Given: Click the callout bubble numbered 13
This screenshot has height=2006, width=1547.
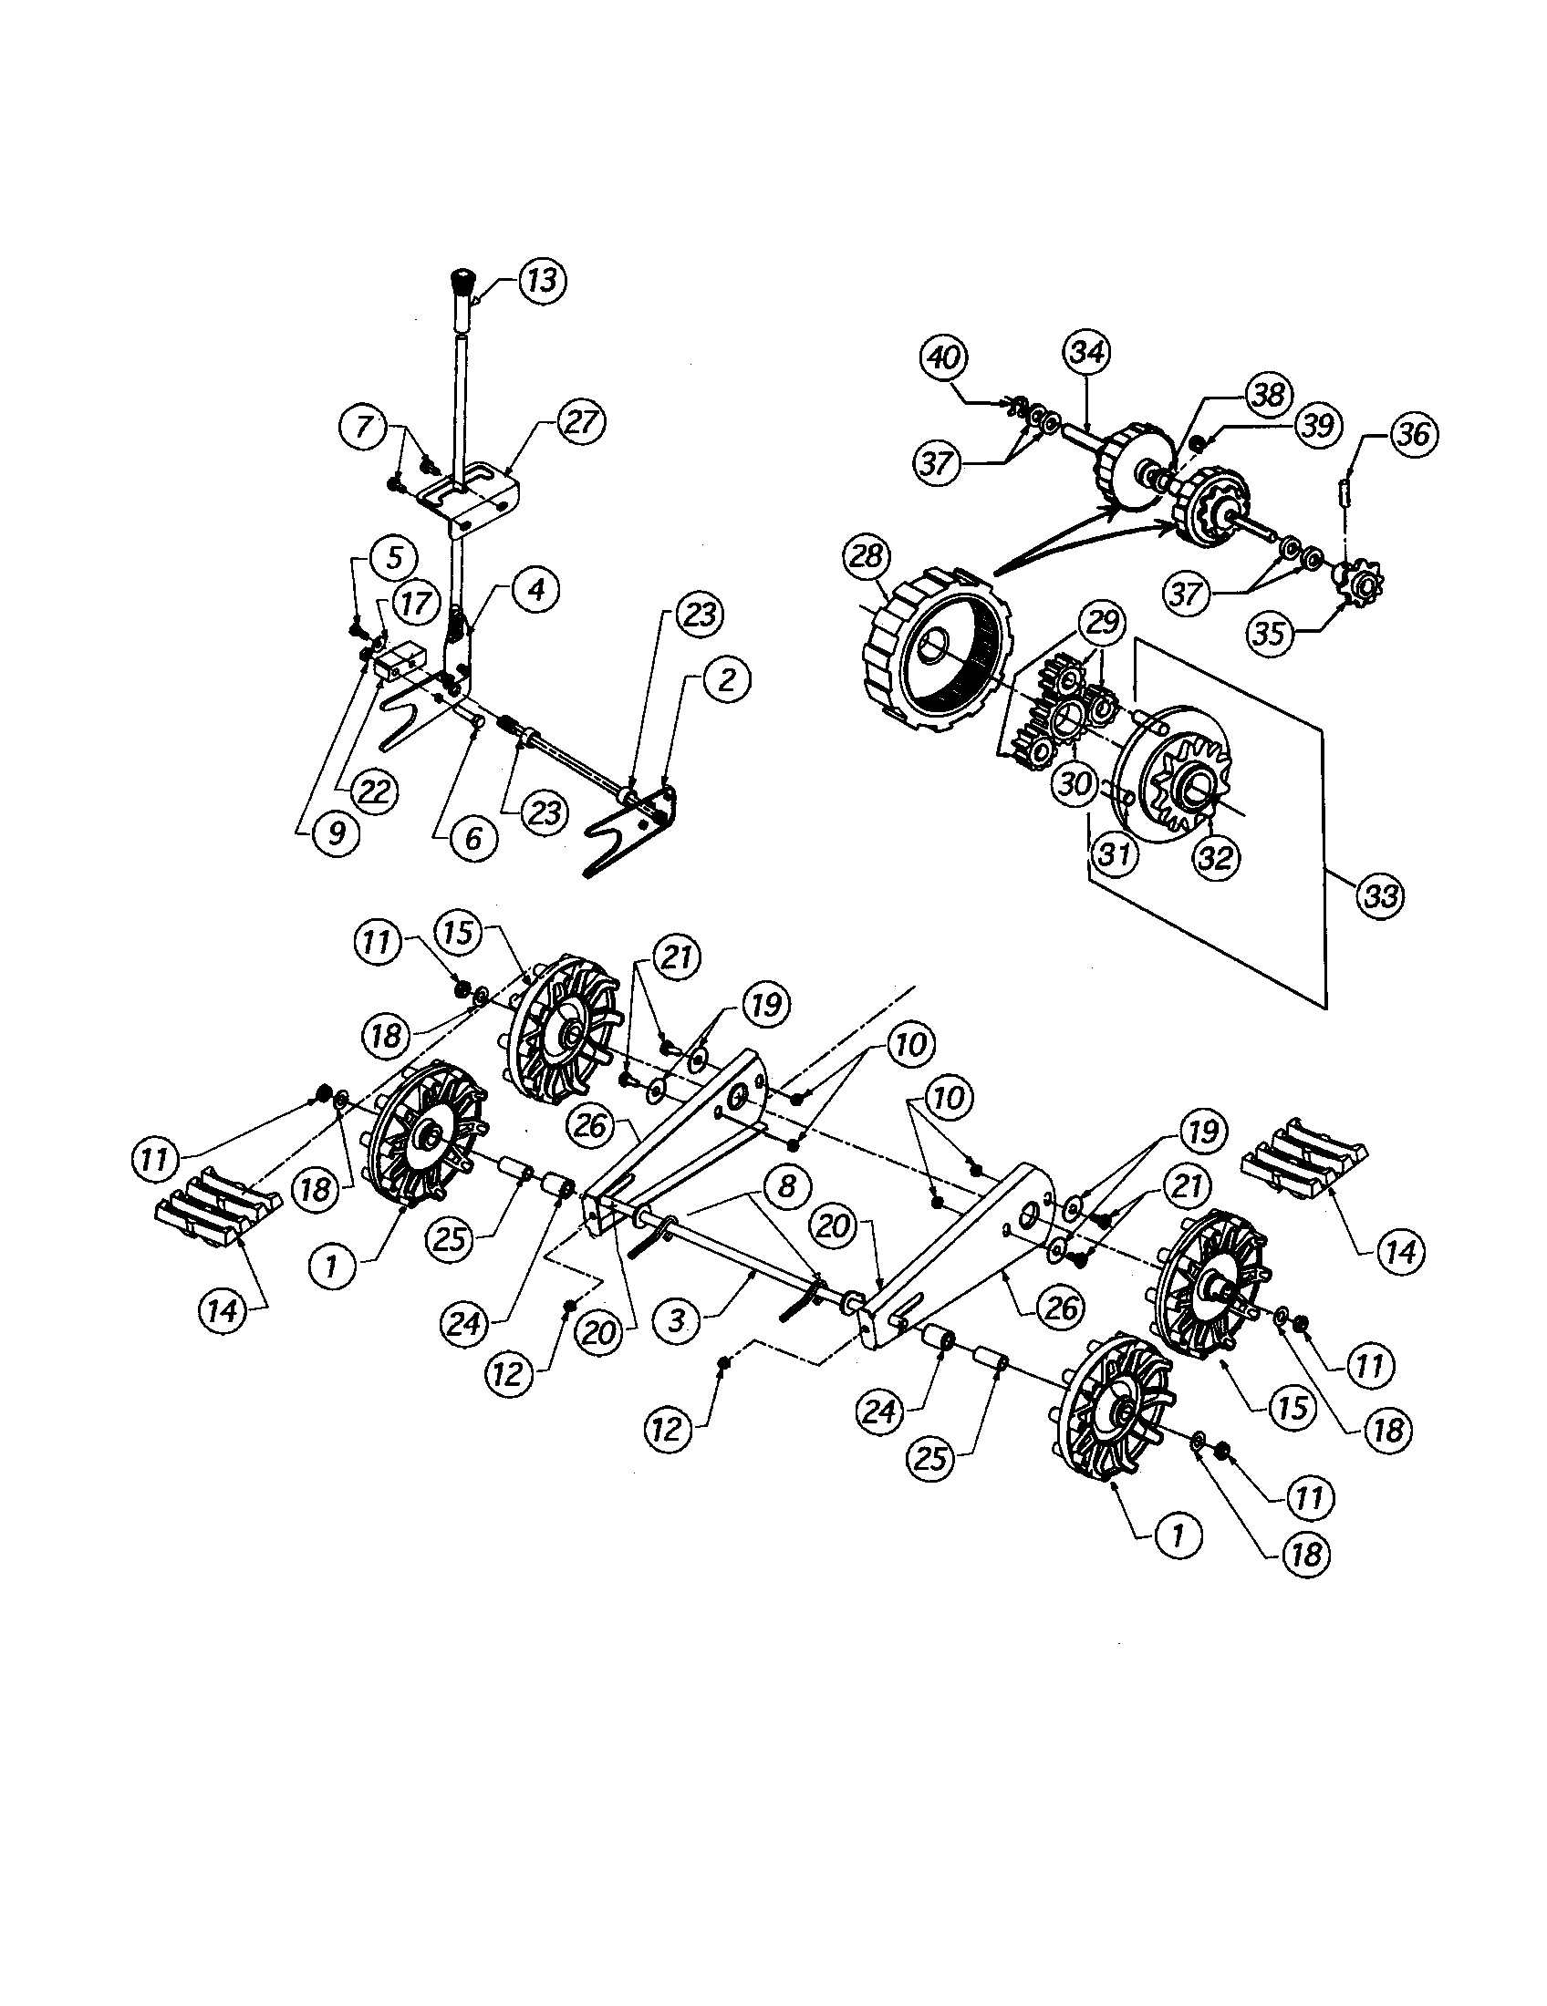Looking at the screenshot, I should pos(542,280).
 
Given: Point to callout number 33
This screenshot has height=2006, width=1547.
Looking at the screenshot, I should pos(1381,896).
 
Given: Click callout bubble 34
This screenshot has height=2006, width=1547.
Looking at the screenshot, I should pos(1087,354).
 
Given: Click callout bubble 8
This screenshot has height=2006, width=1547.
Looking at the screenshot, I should pos(785,1184).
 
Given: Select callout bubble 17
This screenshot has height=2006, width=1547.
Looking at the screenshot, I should pos(413,604).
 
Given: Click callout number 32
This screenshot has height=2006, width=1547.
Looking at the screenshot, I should pos(1215,858).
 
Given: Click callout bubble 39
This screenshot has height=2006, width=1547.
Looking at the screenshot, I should pos(1316,426).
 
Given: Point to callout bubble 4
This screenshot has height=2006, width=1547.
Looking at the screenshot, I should pos(535,589).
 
